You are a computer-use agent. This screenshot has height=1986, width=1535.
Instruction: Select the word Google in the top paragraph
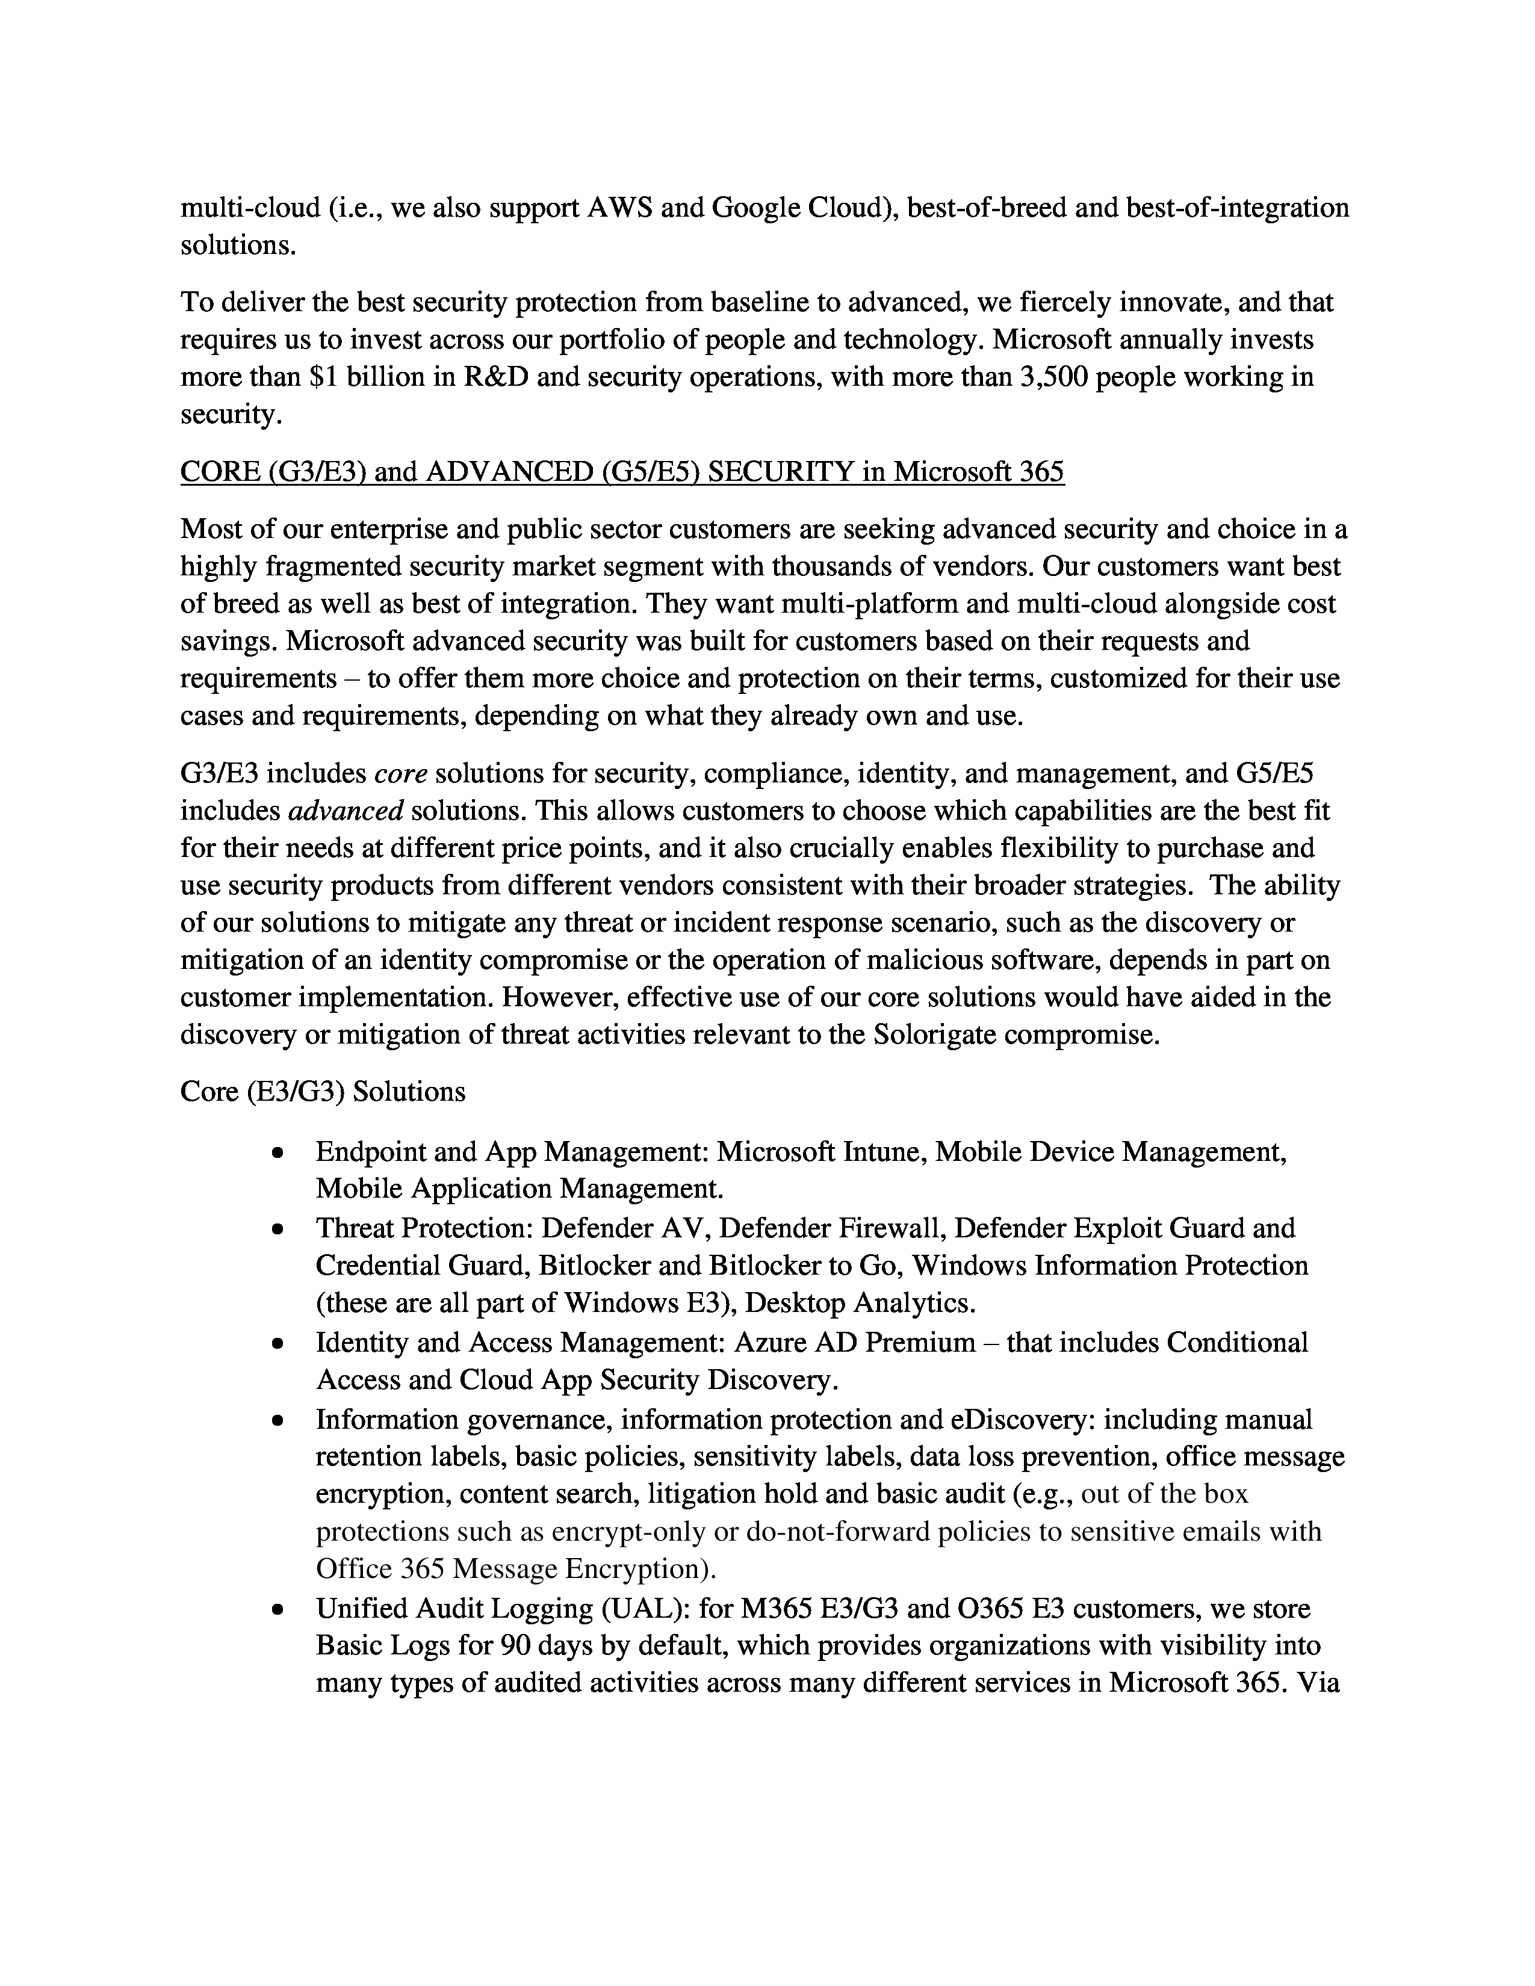(754, 208)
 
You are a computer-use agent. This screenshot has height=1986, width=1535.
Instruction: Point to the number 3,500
(1054, 377)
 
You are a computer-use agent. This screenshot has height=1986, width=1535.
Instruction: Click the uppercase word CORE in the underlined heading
(206, 472)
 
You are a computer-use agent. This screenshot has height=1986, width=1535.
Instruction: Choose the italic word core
(401, 773)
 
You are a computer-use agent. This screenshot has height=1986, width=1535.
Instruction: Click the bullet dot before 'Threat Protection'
(278, 1230)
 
